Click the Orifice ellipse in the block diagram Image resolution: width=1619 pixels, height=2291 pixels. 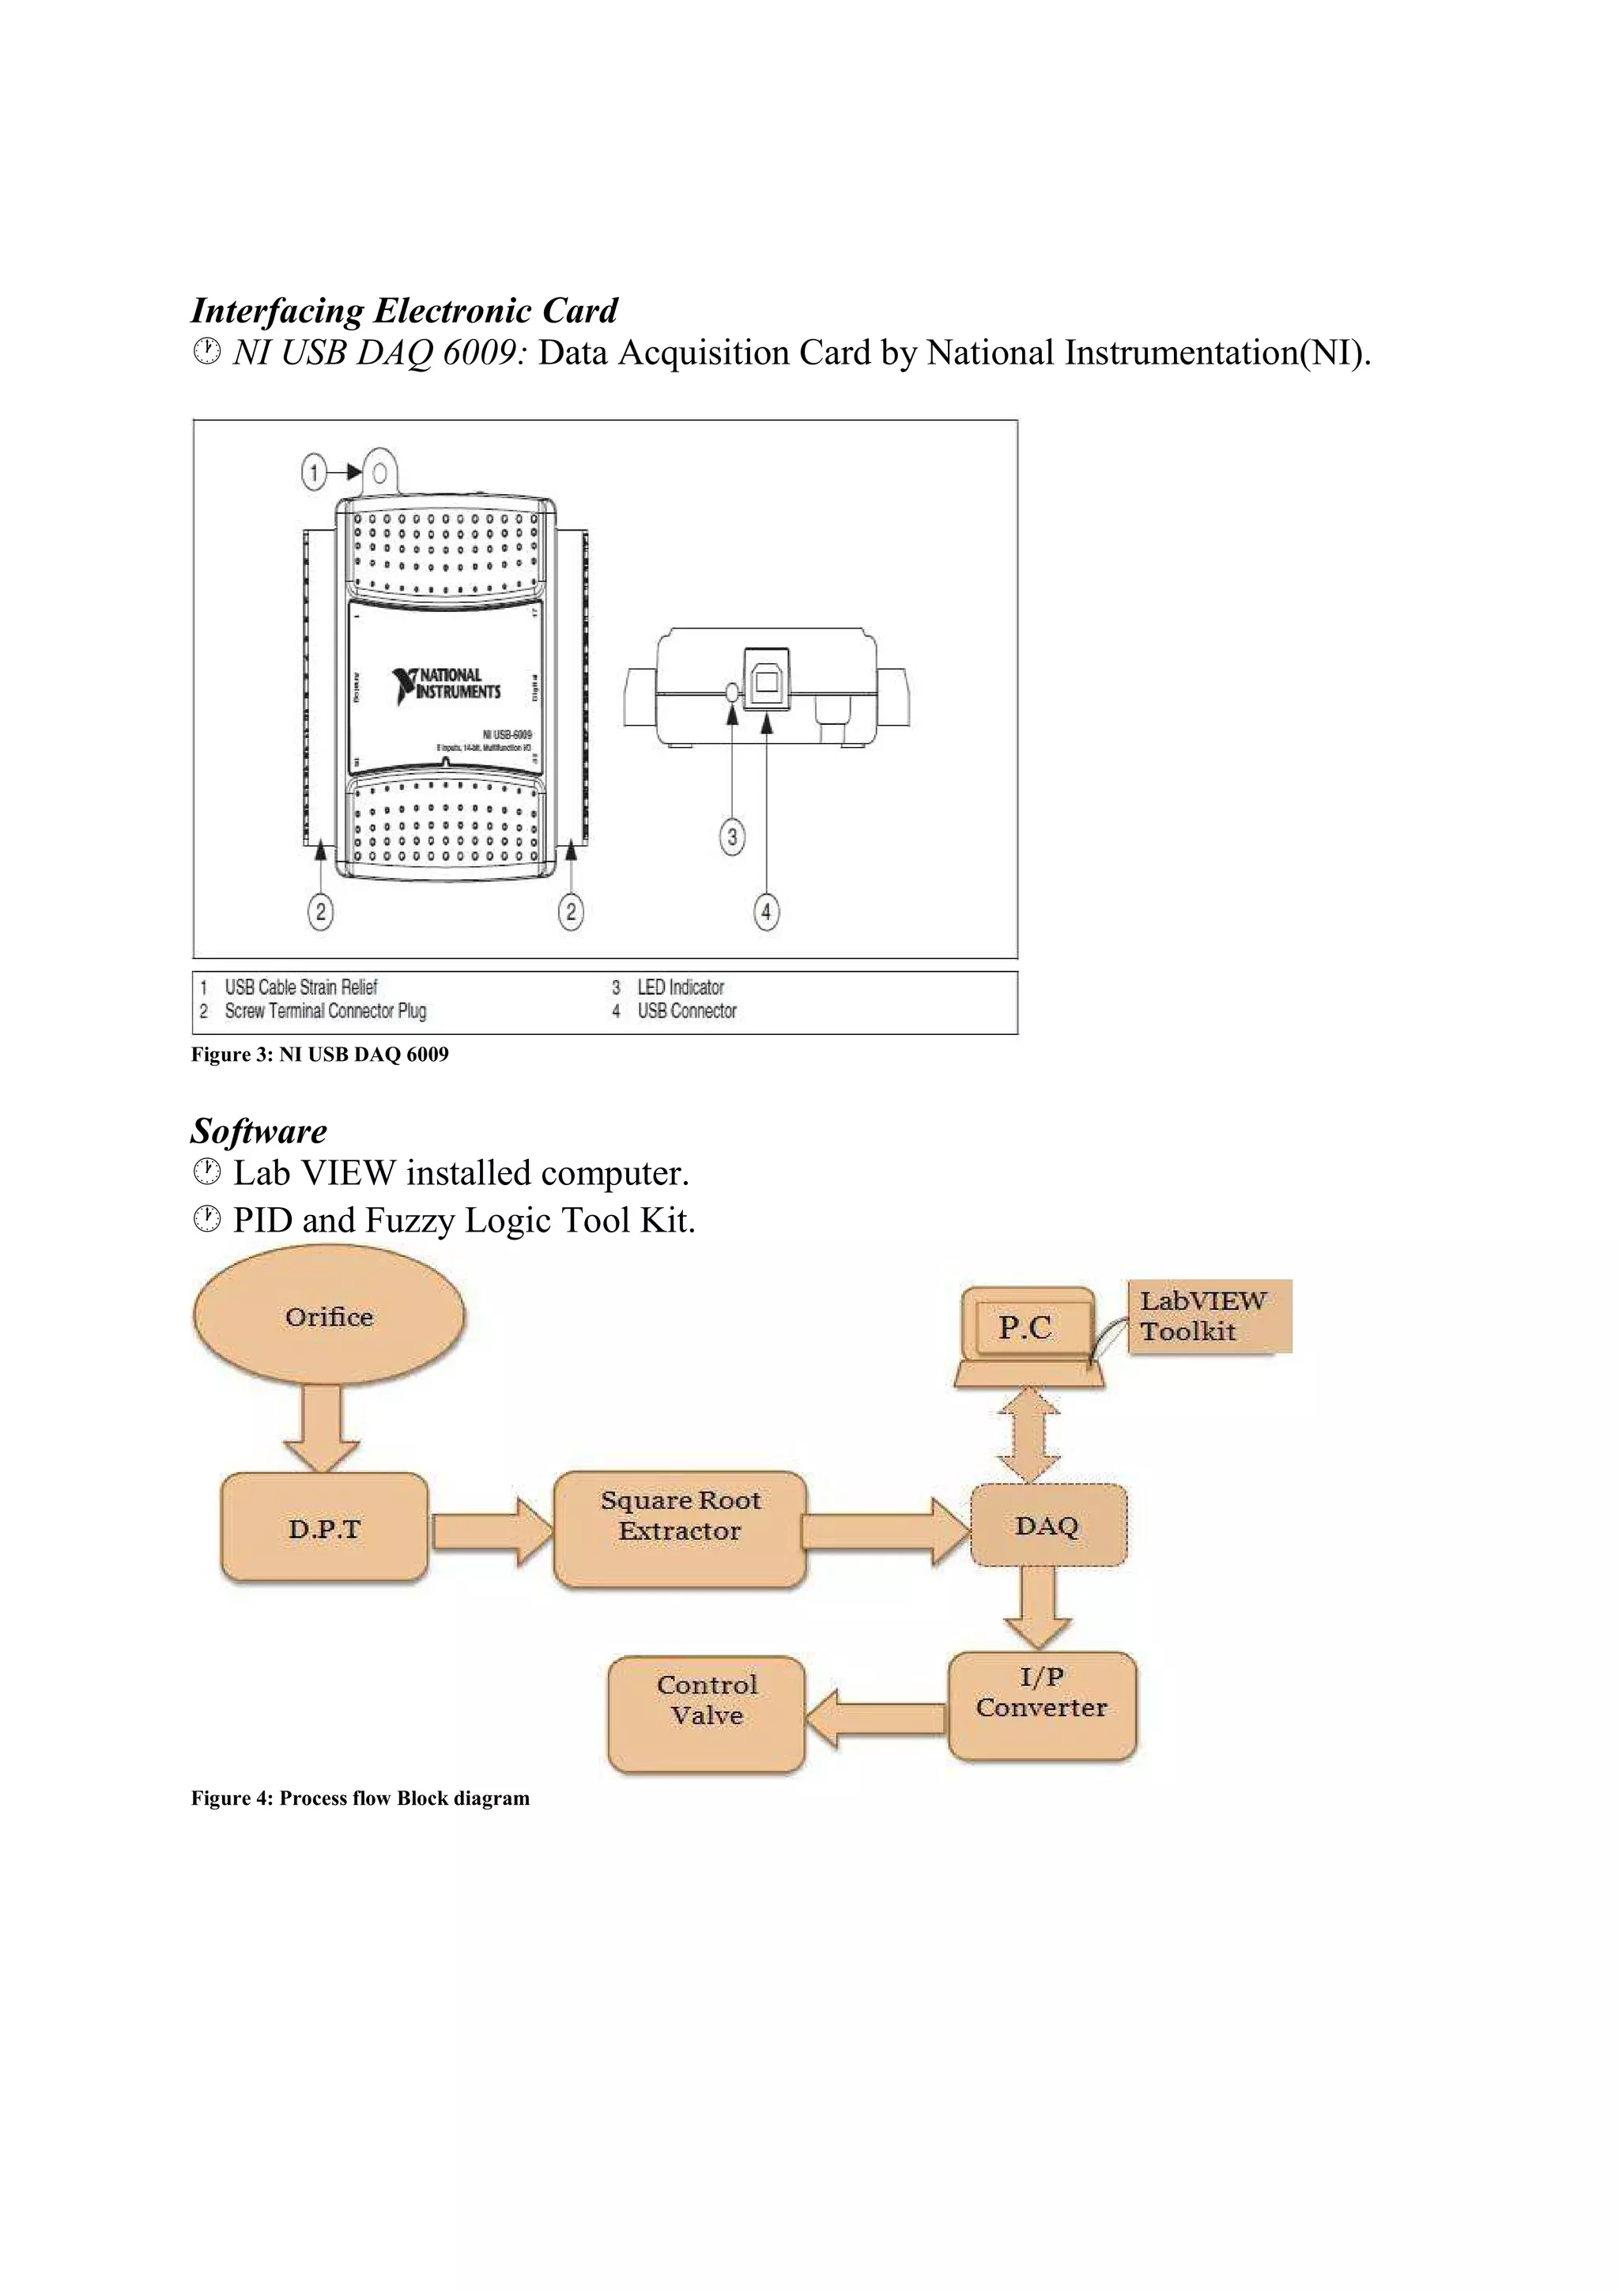coord(328,1317)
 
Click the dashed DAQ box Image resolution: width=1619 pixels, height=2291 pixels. coord(1047,1526)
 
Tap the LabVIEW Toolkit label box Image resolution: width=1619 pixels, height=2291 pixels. coord(1209,1316)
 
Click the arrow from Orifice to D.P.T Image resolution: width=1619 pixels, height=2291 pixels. coord(321,1427)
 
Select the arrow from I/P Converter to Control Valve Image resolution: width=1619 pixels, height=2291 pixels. coord(875,1719)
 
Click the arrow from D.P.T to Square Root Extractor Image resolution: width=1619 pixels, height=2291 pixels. coord(491,1530)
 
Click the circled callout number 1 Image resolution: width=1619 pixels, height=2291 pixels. coord(314,472)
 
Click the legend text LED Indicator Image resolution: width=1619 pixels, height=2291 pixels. coord(681,987)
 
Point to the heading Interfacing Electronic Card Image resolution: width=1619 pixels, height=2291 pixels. coord(404,311)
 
